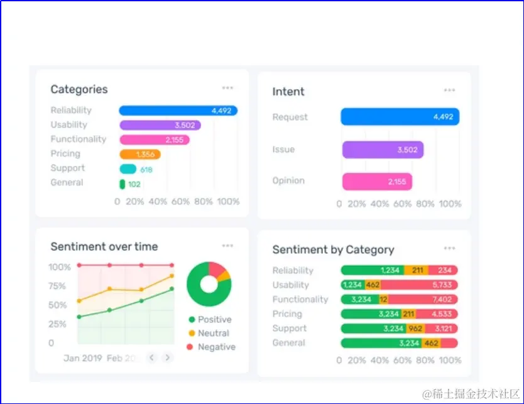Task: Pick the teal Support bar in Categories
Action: pyautogui.click(x=128, y=169)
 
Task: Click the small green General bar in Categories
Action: pyautogui.click(x=122, y=184)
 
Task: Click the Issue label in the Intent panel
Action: pyautogui.click(x=283, y=150)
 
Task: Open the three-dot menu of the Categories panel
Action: pyautogui.click(x=227, y=88)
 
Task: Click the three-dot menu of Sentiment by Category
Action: pyautogui.click(x=449, y=248)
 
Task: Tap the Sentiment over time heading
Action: pyautogui.click(x=104, y=246)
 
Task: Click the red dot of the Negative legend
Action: pyautogui.click(x=190, y=347)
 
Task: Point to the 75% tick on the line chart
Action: pyautogui.click(x=57, y=286)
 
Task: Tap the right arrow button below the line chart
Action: pyautogui.click(x=167, y=358)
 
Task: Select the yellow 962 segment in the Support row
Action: pyautogui.click(x=415, y=329)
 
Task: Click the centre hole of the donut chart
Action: pyautogui.click(x=209, y=284)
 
